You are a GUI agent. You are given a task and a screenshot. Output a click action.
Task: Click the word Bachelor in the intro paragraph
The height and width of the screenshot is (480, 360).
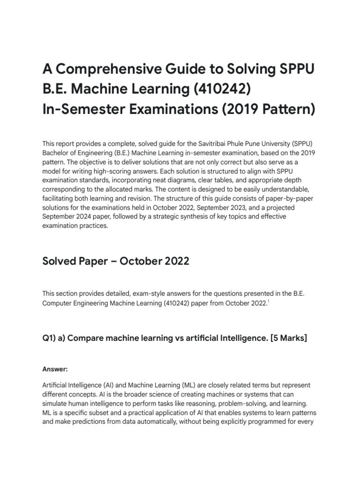click(x=55, y=153)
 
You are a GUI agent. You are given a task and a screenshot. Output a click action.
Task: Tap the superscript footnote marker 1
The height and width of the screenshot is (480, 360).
click(x=268, y=301)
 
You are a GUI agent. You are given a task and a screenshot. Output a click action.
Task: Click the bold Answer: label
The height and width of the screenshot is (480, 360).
click(x=55, y=369)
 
